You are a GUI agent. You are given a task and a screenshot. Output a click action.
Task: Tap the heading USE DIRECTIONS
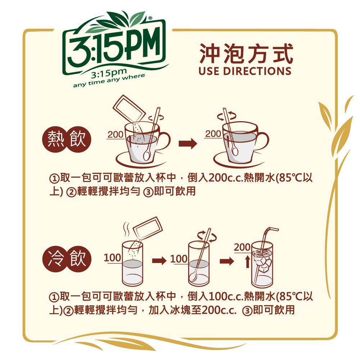[245, 71]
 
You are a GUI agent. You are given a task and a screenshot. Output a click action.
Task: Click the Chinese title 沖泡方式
[246, 54]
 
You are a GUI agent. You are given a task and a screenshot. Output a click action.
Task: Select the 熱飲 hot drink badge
[67, 139]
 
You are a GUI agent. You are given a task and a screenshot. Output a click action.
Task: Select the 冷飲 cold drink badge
[67, 259]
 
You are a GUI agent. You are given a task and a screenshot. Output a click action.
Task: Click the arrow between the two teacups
[188, 144]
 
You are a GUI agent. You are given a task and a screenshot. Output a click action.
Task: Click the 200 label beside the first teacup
[115, 135]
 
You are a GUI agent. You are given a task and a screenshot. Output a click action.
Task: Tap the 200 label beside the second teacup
[213, 134]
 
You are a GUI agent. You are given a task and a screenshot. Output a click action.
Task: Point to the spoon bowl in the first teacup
[146, 155]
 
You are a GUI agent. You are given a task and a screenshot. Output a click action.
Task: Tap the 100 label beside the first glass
[112, 258]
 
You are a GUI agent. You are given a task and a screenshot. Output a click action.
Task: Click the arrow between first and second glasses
[159, 261]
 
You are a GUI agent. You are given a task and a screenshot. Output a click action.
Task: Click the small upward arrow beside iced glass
[247, 262]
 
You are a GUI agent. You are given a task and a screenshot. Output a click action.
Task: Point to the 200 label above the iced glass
[242, 247]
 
